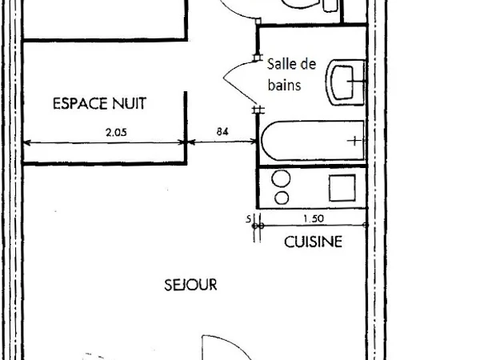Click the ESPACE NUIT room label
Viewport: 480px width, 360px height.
pyautogui.click(x=99, y=103)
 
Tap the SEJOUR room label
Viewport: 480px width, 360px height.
pyautogui.click(x=190, y=285)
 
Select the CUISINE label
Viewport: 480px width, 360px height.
pyautogui.click(x=313, y=242)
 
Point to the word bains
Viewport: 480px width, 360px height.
pyautogui.click(x=284, y=85)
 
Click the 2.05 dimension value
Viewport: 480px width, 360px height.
pyautogui.click(x=116, y=133)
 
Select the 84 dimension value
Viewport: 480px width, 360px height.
pyautogui.click(x=222, y=132)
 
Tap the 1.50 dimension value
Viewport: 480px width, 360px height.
pyautogui.click(x=314, y=218)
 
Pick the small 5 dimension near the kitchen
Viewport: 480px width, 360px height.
pyautogui.click(x=249, y=219)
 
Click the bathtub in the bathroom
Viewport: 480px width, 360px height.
pyautogui.click(x=313, y=141)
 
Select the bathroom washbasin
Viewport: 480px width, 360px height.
pyautogui.click(x=346, y=82)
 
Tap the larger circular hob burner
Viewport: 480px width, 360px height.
pyautogui.click(x=281, y=178)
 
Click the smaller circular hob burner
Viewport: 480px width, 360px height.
pyautogui.click(x=282, y=198)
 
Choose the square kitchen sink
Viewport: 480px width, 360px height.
pyautogui.click(x=342, y=188)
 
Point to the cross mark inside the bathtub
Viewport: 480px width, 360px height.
pyautogui.click(x=354, y=141)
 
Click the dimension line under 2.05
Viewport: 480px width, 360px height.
pyautogui.click(x=105, y=142)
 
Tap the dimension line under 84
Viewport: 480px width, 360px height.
pyautogui.click(x=222, y=142)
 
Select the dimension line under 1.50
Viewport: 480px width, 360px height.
pyautogui.click(x=314, y=226)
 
